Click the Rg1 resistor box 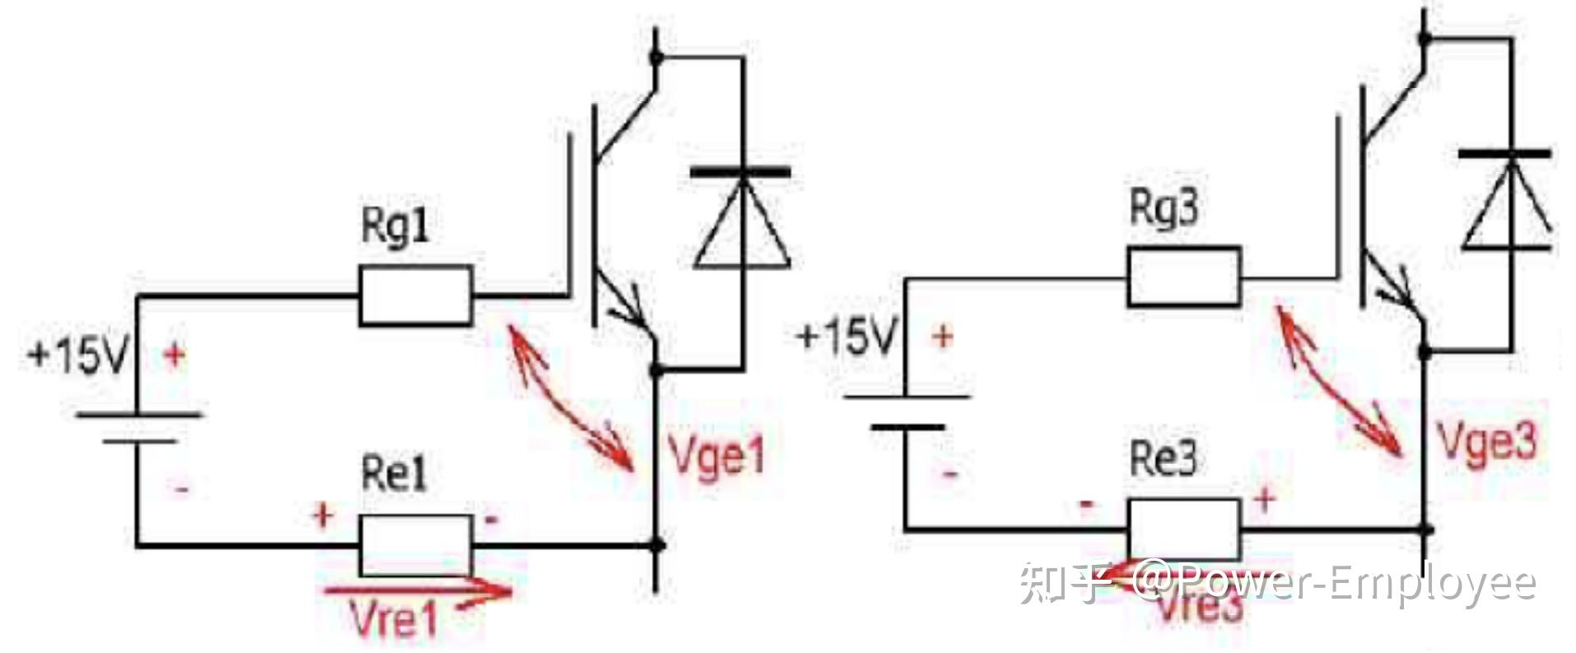tap(416, 295)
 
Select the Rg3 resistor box tap(1183, 277)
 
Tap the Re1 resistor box tap(416, 545)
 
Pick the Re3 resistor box tap(1183, 529)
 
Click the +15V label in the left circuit tap(78, 357)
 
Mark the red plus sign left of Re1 tap(323, 516)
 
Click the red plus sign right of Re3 tap(1264, 498)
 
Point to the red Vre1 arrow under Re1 tap(417, 591)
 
